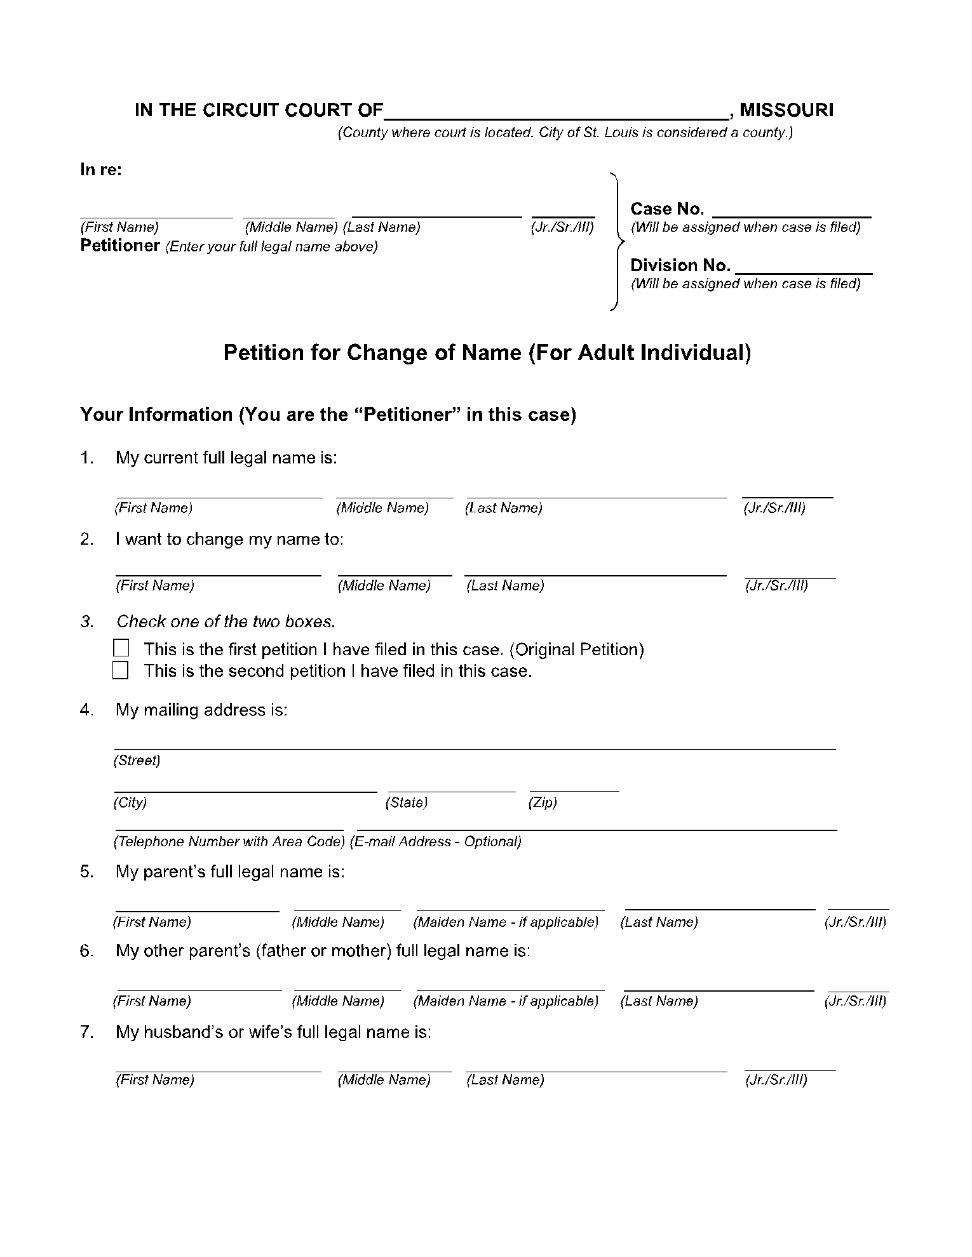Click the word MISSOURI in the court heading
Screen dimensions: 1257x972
(x=786, y=110)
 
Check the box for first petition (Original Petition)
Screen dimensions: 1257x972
(x=121, y=648)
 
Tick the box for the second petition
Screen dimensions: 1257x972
(x=121, y=670)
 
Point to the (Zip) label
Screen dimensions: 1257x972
(x=543, y=802)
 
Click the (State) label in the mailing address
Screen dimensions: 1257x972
(x=407, y=802)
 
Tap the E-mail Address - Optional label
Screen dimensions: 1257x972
(x=436, y=842)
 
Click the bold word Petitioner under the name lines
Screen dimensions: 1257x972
(x=120, y=246)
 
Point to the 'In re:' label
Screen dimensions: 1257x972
(x=101, y=170)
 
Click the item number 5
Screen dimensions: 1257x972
(x=87, y=872)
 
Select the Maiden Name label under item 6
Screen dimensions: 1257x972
(x=506, y=1001)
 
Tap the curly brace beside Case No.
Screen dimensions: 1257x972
(x=616, y=241)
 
